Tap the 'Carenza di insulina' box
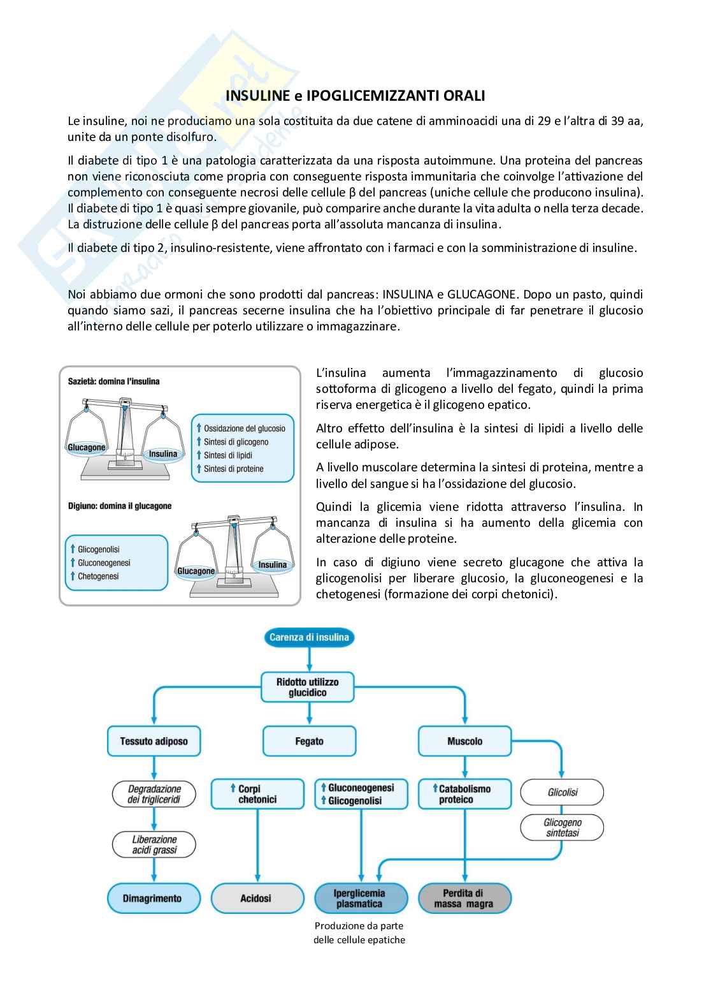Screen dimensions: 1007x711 coord(309,637)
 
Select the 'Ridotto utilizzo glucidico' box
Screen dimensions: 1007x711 coord(308,687)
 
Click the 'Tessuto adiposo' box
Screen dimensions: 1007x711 coord(154,741)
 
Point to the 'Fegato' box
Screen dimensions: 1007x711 coord(309,741)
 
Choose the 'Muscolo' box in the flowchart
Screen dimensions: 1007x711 coord(464,741)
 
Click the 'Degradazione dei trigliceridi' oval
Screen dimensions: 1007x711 coord(154,794)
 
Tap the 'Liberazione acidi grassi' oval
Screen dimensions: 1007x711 coord(154,844)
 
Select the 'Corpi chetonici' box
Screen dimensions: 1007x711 coord(257,794)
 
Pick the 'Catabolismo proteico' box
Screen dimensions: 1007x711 coord(464,794)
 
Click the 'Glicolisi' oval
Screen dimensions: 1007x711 coord(562,792)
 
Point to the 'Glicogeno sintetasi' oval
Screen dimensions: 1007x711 coord(562,827)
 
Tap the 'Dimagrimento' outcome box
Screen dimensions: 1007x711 coord(153,898)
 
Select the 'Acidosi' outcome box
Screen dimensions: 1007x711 coord(257,898)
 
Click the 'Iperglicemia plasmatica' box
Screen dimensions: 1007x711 coord(361,898)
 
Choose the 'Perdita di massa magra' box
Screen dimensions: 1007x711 coord(464,898)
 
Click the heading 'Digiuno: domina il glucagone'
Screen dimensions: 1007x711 coord(120,506)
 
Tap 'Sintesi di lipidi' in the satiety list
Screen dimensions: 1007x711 coord(227,455)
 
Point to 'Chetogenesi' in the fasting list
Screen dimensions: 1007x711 coord(98,577)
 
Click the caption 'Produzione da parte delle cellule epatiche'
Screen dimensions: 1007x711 coord(359,932)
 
